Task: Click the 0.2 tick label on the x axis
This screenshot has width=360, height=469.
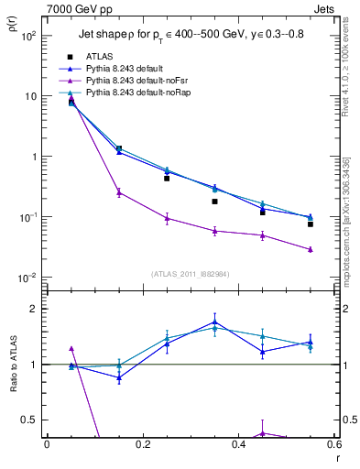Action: pyautogui.click(x=142, y=444)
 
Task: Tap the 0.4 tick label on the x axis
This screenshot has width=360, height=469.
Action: pyautogui.click(x=238, y=444)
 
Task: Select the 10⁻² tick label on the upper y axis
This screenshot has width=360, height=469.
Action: pyautogui.click(x=28, y=278)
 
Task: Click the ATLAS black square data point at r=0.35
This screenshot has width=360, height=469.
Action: pyautogui.click(x=214, y=202)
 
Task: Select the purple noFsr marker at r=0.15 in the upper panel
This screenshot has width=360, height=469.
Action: pyautogui.click(x=119, y=192)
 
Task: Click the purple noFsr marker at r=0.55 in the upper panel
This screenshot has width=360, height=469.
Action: pyautogui.click(x=311, y=249)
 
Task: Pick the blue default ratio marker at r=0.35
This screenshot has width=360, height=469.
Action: pyautogui.click(x=214, y=322)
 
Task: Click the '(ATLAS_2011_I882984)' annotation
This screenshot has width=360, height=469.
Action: pyautogui.click(x=191, y=273)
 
